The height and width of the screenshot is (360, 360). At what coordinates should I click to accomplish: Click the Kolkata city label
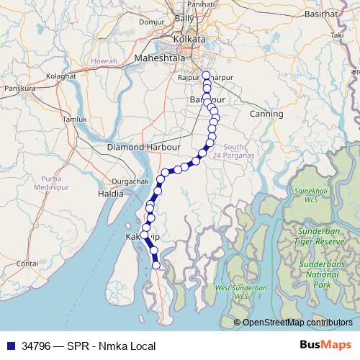click(x=189, y=39)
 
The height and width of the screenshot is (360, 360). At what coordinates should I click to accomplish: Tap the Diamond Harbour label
click(x=143, y=147)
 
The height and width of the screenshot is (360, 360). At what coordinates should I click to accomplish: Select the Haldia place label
click(x=112, y=194)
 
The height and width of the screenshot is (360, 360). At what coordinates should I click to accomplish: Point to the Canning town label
click(x=266, y=114)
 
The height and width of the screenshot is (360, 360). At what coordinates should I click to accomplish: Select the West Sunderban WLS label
click(x=241, y=292)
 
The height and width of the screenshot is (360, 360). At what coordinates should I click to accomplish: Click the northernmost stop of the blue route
click(x=206, y=75)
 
